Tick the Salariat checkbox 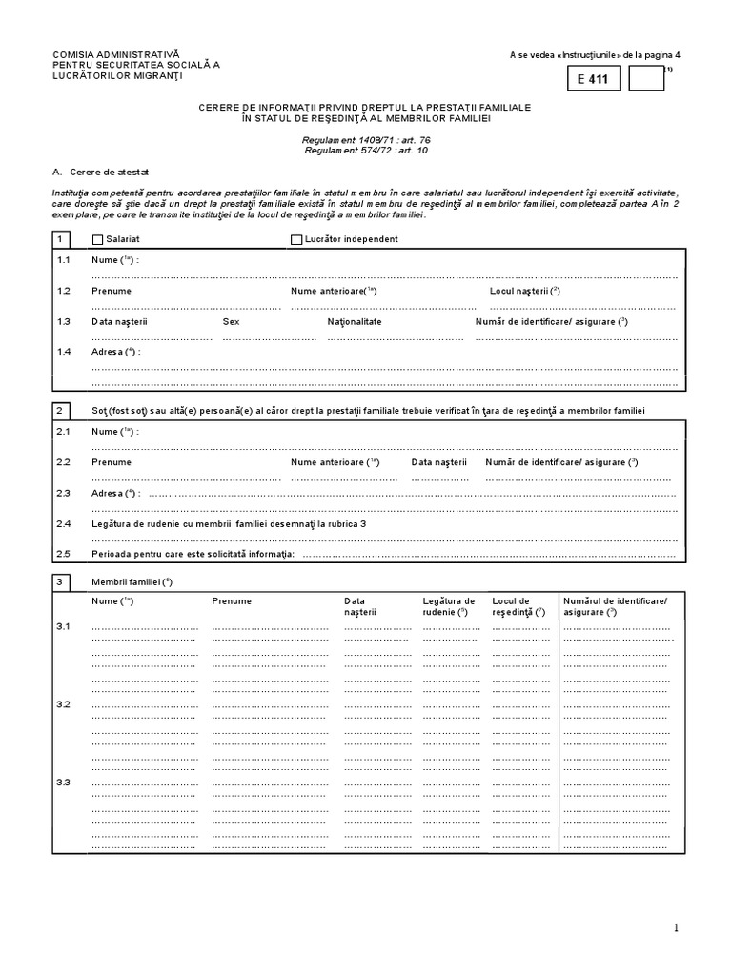pyautogui.click(x=97, y=240)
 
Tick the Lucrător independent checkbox pyautogui.click(x=295, y=240)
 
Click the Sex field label pyautogui.click(x=231, y=322)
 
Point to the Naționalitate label pyautogui.click(x=354, y=322)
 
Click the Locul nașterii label pyautogui.click(x=524, y=291)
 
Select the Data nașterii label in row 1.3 pyautogui.click(x=119, y=322)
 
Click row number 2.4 pyautogui.click(x=63, y=524)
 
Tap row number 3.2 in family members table pyautogui.click(x=63, y=703)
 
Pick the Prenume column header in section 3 pyautogui.click(x=232, y=601)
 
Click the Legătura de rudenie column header pyautogui.click(x=448, y=606)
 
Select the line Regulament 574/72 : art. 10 pyautogui.click(x=366, y=150)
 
